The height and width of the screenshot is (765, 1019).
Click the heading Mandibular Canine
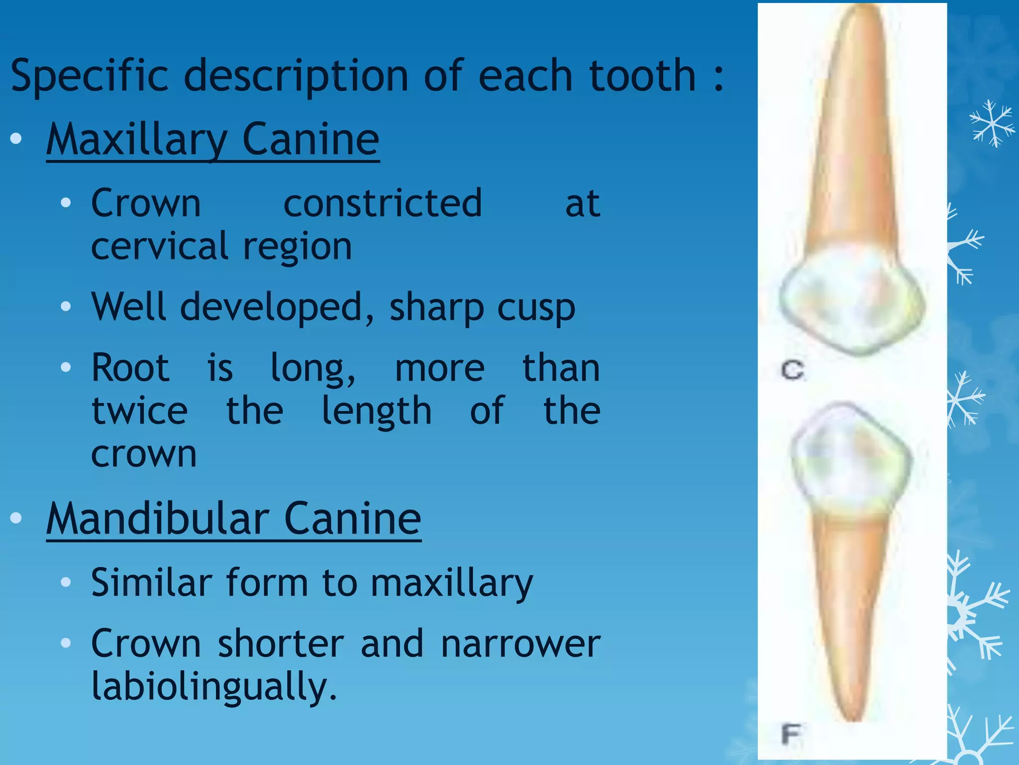point(234,519)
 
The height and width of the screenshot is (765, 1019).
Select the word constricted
point(383,203)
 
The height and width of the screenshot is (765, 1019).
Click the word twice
point(140,411)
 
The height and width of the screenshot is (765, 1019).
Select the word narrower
point(520,644)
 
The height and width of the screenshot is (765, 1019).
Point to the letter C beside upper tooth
point(793,371)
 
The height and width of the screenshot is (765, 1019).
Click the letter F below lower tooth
point(791,734)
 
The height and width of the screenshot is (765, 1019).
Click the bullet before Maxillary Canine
point(16,139)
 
